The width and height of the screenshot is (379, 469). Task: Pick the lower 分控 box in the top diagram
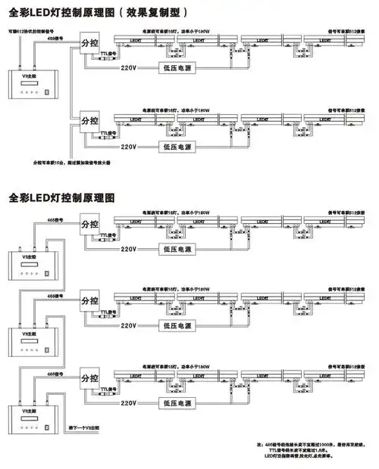click(x=89, y=121)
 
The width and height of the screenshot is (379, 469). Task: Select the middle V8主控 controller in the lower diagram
click(x=26, y=339)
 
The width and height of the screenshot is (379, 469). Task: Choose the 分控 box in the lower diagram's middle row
click(x=89, y=302)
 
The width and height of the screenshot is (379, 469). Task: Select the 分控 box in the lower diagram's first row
click(x=89, y=225)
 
